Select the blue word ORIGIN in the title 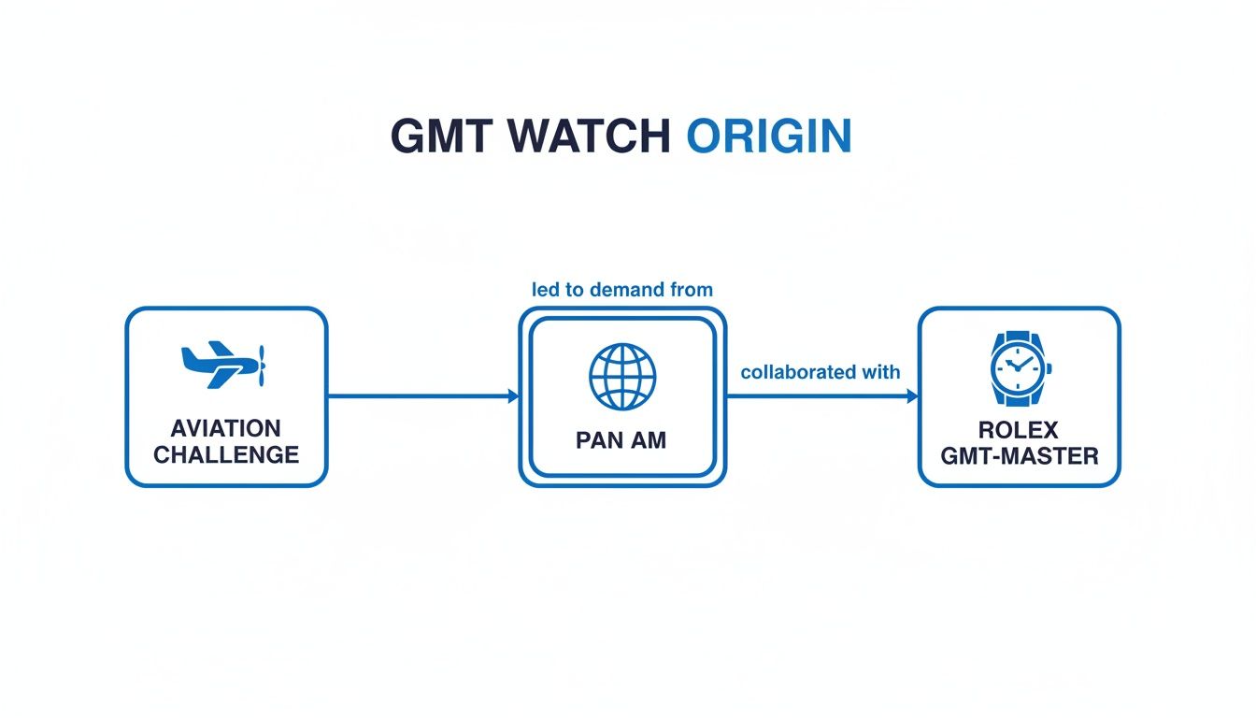pyautogui.click(x=768, y=136)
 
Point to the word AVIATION pyautogui.click(x=226, y=428)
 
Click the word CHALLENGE pyautogui.click(x=226, y=455)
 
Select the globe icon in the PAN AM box pyautogui.click(x=622, y=376)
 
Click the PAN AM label pyautogui.click(x=621, y=440)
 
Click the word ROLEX pyautogui.click(x=1019, y=430)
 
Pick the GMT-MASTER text pyautogui.click(x=1019, y=456)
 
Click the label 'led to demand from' pyautogui.click(x=621, y=290)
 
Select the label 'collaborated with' pyautogui.click(x=821, y=372)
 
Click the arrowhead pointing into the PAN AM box pyautogui.click(x=513, y=396)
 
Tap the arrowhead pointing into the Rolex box pyautogui.click(x=912, y=396)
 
